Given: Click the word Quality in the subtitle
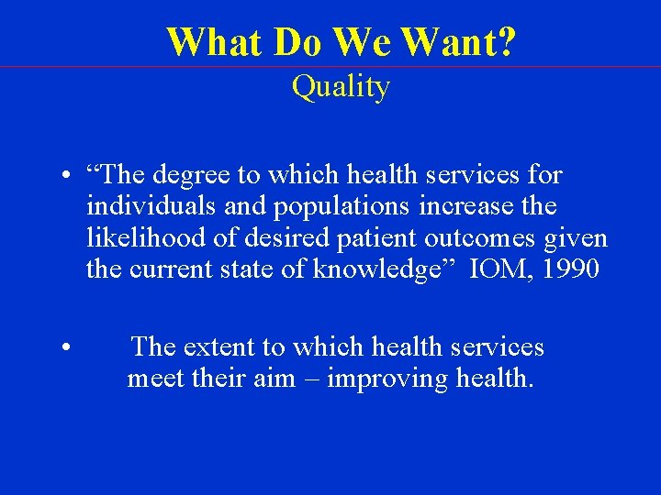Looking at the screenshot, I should (x=341, y=87).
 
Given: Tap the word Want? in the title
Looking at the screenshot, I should (x=458, y=41).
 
